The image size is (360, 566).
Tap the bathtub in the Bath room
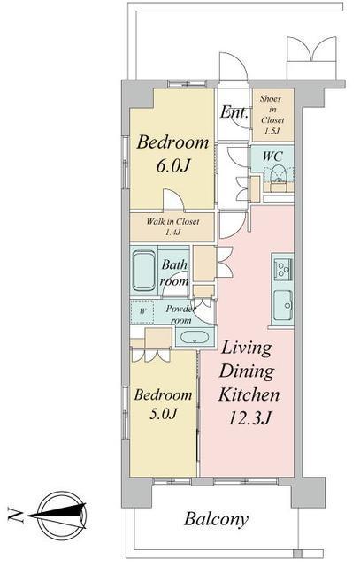pyautogui.click(x=144, y=271)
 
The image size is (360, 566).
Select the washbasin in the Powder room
pyautogui.click(x=195, y=337)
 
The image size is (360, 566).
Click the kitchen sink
pyautogui.click(x=283, y=306)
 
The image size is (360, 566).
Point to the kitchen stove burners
pyautogui.click(x=283, y=267)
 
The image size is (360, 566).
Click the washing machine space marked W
pyautogui.click(x=142, y=311)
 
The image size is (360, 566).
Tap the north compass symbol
pyautogui.click(x=62, y=516)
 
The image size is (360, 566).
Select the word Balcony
pyautogui.click(x=216, y=519)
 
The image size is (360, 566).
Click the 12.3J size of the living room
pyautogui.click(x=249, y=418)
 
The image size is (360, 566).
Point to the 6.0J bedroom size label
pyautogui.click(x=172, y=165)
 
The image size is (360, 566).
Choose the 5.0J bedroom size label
pyautogui.click(x=163, y=413)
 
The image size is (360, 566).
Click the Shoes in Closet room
pyautogui.click(x=272, y=115)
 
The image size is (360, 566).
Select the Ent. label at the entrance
pyautogui.click(x=234, y=112)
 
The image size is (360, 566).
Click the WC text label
pyautogui.click(x=272, y=157)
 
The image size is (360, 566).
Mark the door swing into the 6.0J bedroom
pyautogui.click(x=173, y=199)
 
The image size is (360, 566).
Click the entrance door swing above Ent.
pyautogui.click(x=234, y=66)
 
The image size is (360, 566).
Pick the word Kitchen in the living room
pyautogui.click(x=249, y=394)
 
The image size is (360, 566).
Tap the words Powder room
pyautogui.click(x=180, y=315)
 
